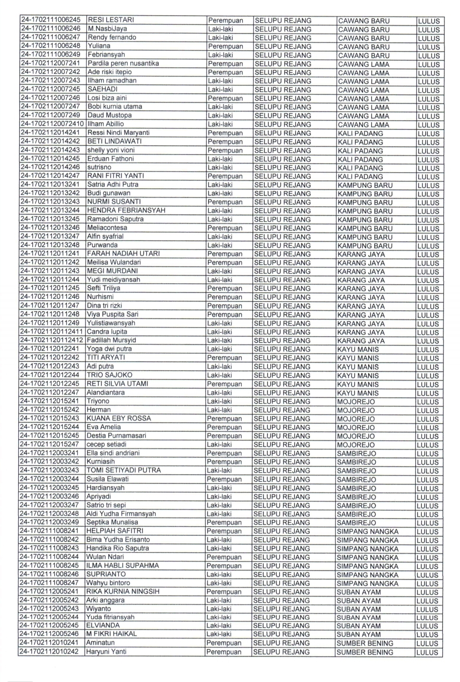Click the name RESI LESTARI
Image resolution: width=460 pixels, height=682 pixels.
111,20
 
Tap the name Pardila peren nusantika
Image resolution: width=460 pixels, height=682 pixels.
123,63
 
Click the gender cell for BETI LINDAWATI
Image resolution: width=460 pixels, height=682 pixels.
225,141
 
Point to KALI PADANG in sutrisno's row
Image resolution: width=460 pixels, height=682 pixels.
360,167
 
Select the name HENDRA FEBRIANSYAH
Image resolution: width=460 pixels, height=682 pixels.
126,210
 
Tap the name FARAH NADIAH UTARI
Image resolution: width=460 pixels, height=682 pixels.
123,254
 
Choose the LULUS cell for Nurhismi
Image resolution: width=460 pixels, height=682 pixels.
428,297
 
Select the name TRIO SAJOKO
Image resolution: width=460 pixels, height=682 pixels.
109,375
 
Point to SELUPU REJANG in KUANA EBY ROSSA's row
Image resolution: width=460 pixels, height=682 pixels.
282,418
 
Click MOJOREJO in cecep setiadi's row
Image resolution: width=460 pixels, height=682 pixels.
356,444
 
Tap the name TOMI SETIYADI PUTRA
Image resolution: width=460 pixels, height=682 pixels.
124,470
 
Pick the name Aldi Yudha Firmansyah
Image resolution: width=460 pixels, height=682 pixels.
121,514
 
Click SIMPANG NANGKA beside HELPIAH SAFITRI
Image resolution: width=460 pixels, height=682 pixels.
367,531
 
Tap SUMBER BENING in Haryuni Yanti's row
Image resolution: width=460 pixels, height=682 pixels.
365,652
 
